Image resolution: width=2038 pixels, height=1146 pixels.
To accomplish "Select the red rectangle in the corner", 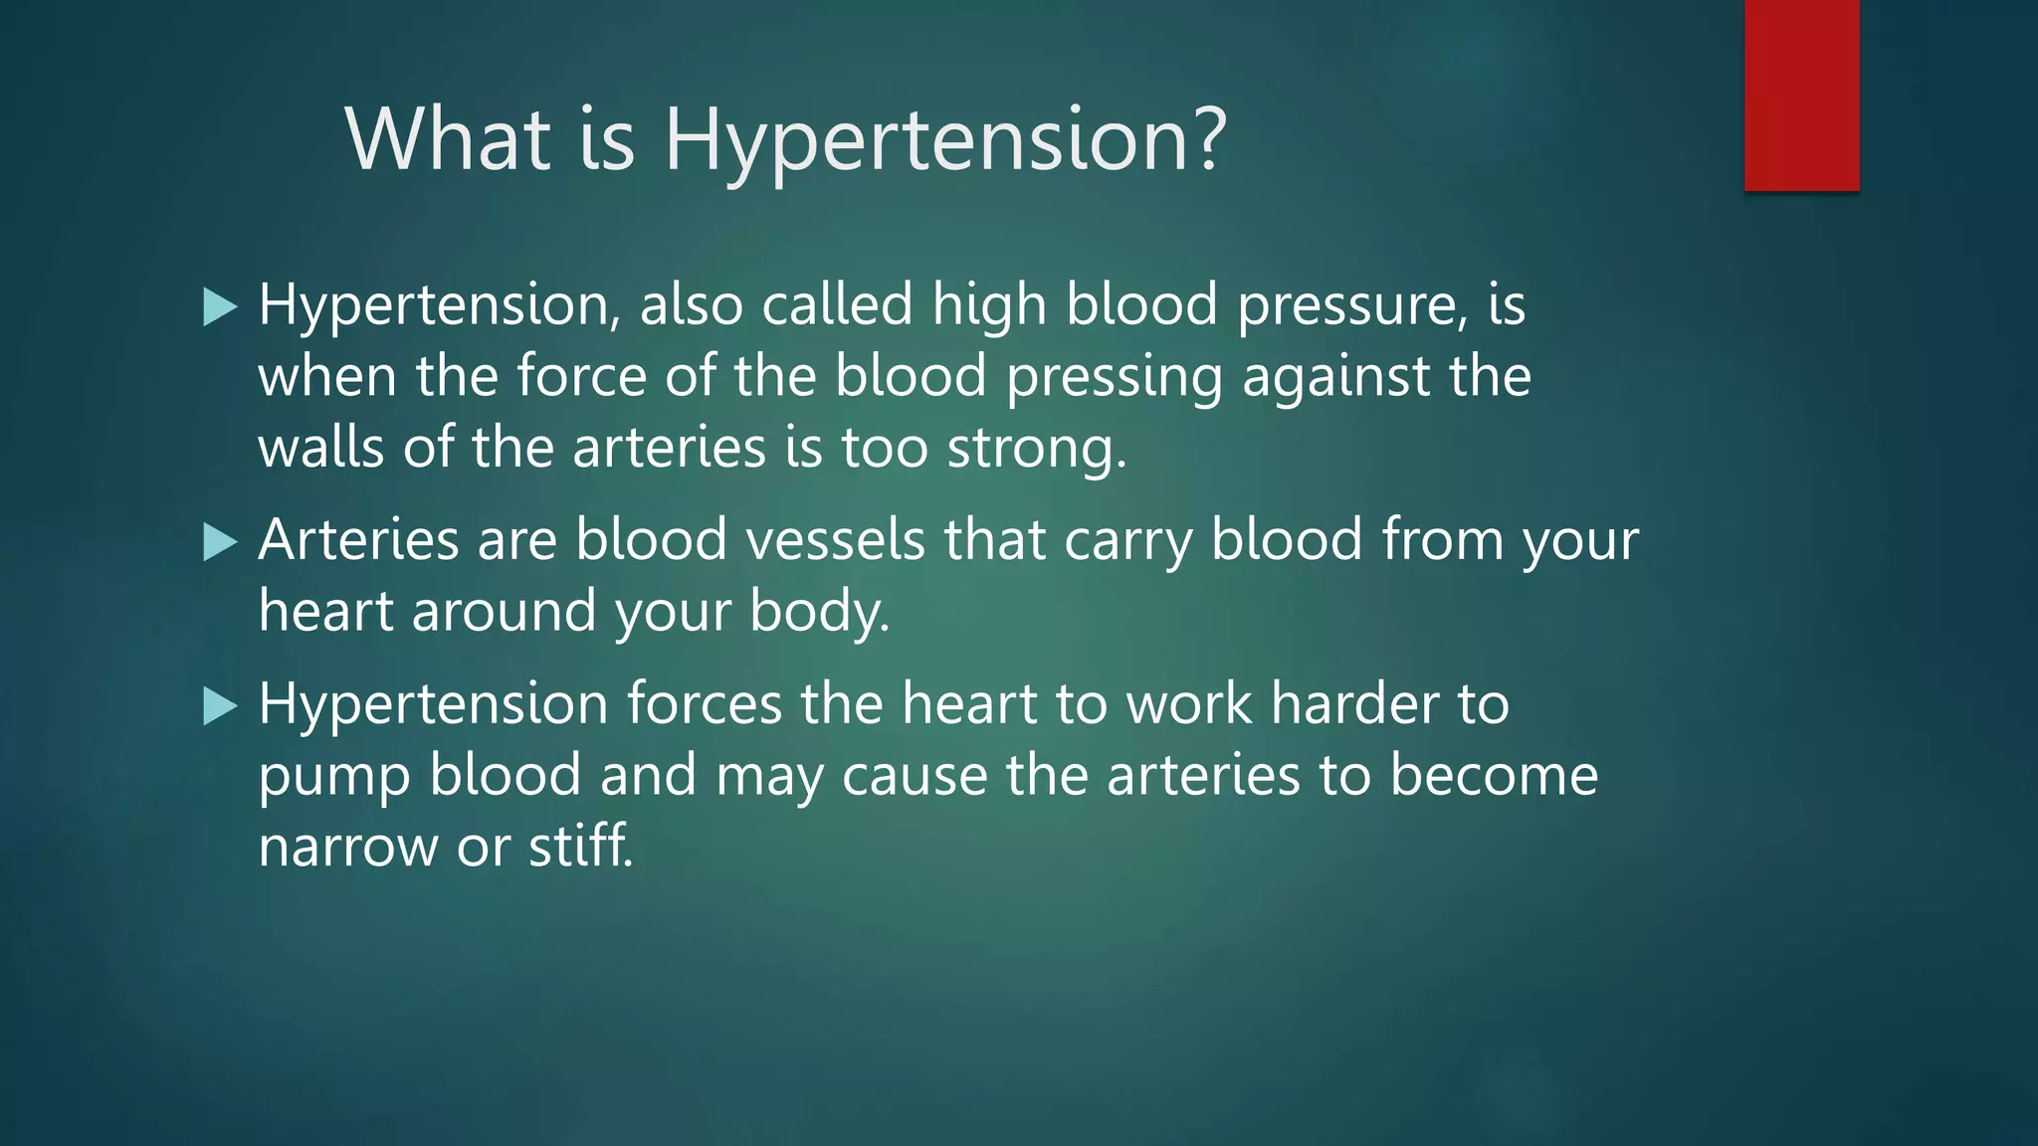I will click(x=1801, y=95).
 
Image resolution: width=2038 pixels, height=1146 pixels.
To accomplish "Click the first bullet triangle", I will click(x=219, y=307).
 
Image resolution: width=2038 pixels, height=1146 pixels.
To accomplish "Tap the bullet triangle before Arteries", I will click(x=219, y=543).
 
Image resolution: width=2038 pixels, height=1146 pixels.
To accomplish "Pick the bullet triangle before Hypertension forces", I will click(x=219, y=707).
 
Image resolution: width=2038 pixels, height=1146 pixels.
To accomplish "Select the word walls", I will click(x=320, y=449).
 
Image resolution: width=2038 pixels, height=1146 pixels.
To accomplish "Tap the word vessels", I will click(x=836, y=541).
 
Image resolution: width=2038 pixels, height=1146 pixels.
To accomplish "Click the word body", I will click(x=818, y=612).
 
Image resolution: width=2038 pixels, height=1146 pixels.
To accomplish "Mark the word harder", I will click(x=1354, y=705).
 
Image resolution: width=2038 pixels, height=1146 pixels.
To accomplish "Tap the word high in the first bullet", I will click(x=989, y=306).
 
